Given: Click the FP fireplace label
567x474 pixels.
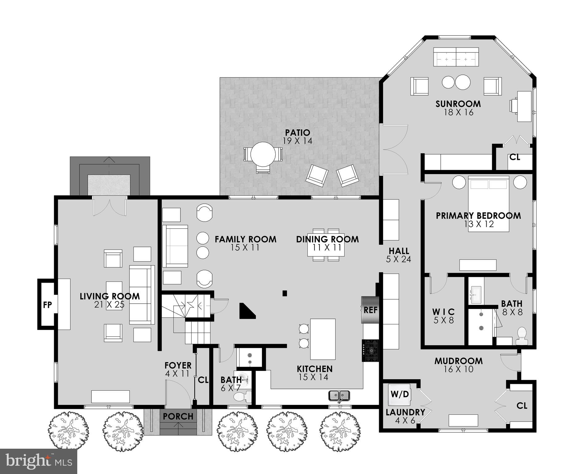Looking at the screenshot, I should tap(47, 305).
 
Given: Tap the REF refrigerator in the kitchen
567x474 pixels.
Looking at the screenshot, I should tap(370, 310).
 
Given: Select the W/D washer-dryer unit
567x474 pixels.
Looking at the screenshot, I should tap(400, 394).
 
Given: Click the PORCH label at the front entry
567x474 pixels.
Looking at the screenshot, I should tap(178, 416).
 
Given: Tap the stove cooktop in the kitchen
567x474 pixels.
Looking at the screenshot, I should tap(370, 350).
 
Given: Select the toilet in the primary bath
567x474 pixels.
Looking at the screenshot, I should tap(522, 336).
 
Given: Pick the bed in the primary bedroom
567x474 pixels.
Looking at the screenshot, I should tap(489, 204).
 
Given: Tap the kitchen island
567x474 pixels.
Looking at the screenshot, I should tap(323, 339).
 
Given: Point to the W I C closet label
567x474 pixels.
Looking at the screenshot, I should tap(443, 312).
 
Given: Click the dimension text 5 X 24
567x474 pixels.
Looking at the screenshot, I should tap(399, 259).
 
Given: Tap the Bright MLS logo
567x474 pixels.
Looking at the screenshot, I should tap(38, 461).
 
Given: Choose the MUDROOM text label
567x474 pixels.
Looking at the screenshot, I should tap(458, 361).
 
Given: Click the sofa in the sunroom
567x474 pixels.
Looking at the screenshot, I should tap(456, 57).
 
